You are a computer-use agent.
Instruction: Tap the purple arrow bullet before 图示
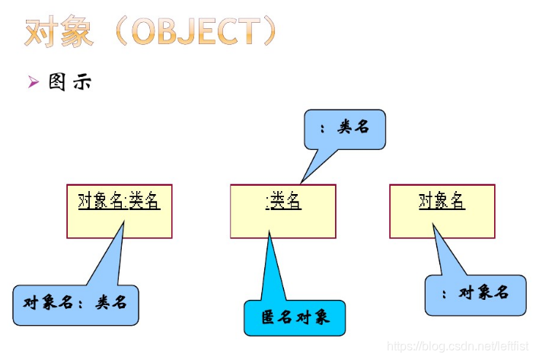click(x=33, y=82)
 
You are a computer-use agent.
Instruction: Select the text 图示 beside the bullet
click(x=70, y=82)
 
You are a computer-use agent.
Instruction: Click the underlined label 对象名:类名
click(x=119, y=201)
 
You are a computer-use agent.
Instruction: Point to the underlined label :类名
click(x=283, y=202)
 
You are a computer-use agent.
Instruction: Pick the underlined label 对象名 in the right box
click(x=442, y=201)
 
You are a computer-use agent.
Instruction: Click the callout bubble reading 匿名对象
click(x=295, y=317)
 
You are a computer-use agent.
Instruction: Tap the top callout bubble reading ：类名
click(x=345, y=129)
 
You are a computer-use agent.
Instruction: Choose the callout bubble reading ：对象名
click(x=476, y=294)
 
